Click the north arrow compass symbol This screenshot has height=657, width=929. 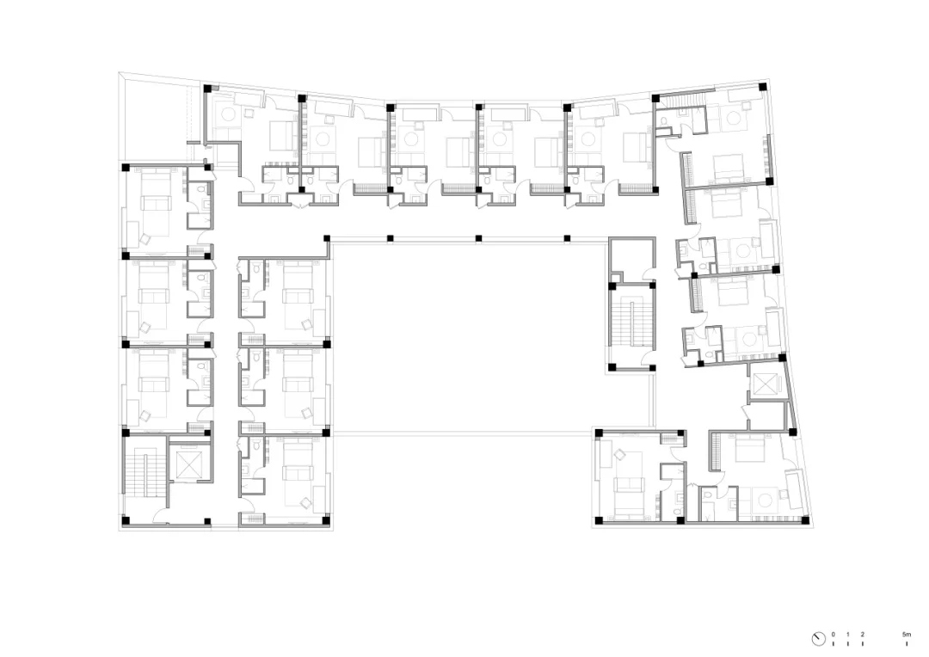click(x=818, y=639)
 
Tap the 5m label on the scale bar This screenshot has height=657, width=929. click(x=907, y=635)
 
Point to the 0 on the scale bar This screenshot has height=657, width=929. click(x=833, y=635)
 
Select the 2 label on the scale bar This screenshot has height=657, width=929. click(x=863, y=635)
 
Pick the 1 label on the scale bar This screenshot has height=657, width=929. click(x=848, y=635)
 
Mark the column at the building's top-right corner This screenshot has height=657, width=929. click(x=762, y=87)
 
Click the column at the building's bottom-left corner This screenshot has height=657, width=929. click(x=126, y=521)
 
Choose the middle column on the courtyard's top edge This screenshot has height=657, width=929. click(x=478, y=239)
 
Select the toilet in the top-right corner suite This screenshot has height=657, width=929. click(x=665, y=122)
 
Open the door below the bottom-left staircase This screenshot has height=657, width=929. click(x=161, y=516)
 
